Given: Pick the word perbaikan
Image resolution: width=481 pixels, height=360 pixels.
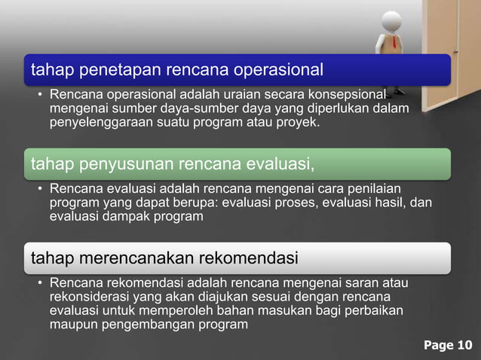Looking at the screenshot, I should click(x=377, y=311).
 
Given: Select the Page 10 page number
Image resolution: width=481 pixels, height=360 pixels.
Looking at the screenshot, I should click(x=448, y=346).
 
